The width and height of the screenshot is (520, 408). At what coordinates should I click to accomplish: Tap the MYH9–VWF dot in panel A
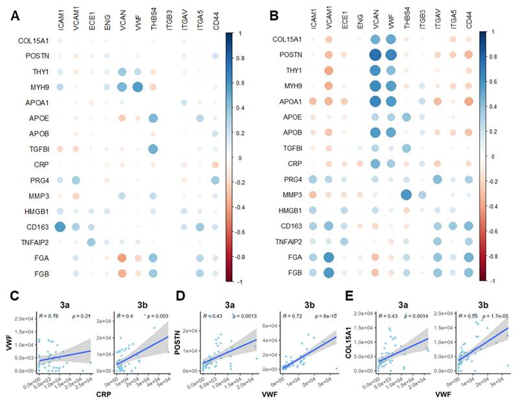137,86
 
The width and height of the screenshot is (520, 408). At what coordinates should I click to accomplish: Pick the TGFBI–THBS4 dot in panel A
153,149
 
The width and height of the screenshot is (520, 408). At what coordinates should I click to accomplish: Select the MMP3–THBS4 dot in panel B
407,195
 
